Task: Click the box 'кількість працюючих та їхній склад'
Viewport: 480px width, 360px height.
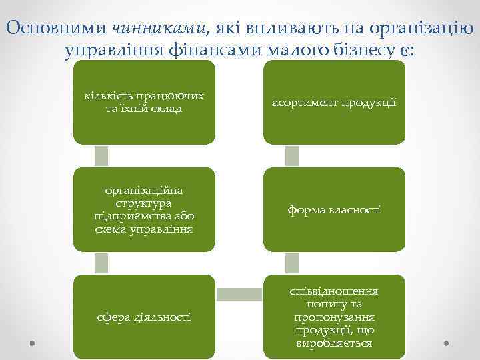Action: (144, 103)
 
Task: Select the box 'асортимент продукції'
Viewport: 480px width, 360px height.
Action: (334, 103)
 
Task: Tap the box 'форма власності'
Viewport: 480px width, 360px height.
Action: (334, 209)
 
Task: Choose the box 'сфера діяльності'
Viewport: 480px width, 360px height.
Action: (144, 317)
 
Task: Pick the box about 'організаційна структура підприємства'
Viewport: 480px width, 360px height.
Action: (144, 209)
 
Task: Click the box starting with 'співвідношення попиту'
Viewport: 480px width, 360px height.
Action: (334, 317)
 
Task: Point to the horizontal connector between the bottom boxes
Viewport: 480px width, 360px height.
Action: (239, 294)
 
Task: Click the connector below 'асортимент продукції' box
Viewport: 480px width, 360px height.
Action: (292, 155)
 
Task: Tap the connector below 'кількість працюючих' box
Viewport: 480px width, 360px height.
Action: (101, 155)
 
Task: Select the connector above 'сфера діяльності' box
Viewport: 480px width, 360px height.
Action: (101, 263)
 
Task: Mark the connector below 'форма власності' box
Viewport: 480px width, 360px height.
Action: (292, 263)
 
